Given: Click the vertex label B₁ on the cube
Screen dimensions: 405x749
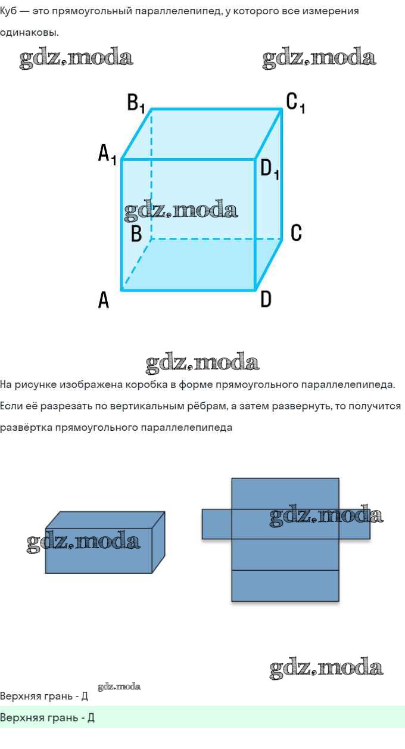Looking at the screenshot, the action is (x=136, y=103).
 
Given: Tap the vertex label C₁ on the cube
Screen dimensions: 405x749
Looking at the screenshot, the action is (x=295, y=102).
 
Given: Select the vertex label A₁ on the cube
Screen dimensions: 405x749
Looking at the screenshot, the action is (x=107, y=154).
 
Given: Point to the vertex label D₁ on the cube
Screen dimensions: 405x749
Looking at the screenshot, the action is (x=270, y=169).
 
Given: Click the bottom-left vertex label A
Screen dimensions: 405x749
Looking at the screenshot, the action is (x=104, y=300).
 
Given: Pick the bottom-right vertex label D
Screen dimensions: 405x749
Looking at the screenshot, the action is (x=266, y=299).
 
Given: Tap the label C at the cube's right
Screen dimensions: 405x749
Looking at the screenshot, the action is (x=296, y=233).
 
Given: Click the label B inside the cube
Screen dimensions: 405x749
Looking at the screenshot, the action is (x=136, y=233).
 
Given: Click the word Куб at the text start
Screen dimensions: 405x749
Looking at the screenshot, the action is (x=8, y=11).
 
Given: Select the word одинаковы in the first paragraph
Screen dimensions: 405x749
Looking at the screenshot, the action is (x=29, y=33).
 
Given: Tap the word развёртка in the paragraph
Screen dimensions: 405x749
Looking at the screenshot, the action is (x=26, y=428).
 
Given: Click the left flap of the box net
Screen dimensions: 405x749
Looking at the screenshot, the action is (x=217, y=524).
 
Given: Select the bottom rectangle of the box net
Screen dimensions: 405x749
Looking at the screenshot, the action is (x=285, y=586).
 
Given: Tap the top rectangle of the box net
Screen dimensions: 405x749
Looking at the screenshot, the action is (x=285, y=494).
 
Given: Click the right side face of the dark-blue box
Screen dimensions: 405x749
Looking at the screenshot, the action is (x=159, y=542).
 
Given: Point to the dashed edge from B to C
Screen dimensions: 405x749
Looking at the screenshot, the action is (x=217, y=239).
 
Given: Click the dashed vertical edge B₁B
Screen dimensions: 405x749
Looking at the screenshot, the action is (x=151, y=174).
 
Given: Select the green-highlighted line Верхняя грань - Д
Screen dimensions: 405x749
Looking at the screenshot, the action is (x=47, y=717).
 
